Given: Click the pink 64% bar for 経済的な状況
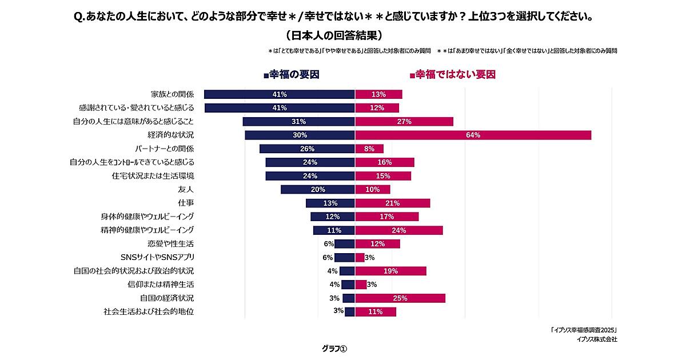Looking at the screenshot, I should pos(473,135).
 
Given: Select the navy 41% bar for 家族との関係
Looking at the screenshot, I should pos(280,94).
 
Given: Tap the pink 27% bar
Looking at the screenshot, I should pos(404,121).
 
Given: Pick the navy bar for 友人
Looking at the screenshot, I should pos(318,189).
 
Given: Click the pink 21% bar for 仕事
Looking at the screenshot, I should pos(392,203).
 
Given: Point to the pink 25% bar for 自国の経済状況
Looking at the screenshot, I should pos(400,298).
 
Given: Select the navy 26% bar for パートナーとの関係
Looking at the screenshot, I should pos(307,149).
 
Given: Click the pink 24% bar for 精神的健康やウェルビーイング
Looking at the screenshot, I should pos(398,230).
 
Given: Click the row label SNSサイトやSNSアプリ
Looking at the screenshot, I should pos(157,257).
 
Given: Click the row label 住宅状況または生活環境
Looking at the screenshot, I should pos(153,175).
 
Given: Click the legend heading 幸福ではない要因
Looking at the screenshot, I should pos(452,75).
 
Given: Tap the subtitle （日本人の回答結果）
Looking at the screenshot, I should pos(333,35).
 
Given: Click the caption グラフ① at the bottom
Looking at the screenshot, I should pos(334,349).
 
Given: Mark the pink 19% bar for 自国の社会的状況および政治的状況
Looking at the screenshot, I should pos(390,271).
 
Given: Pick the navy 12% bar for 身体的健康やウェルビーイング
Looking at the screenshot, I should pos(333,217).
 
